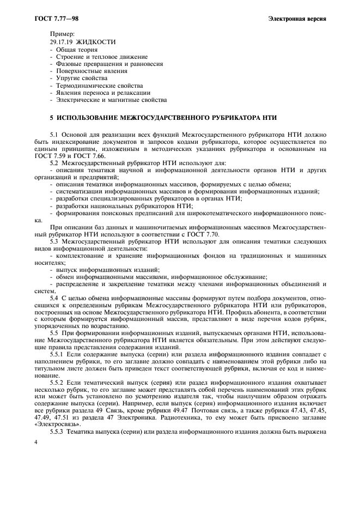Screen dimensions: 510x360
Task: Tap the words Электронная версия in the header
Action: point(297,19)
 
